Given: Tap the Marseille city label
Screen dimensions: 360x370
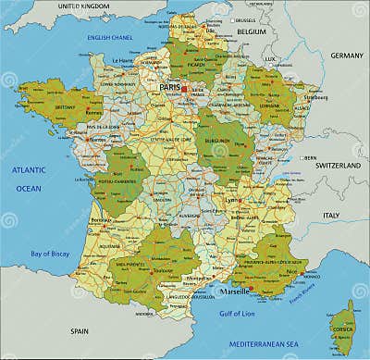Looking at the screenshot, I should pyautogui.click(x=233, y=291).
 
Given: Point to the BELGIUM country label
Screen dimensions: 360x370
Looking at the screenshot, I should pyautogui.click(x=250, y=31).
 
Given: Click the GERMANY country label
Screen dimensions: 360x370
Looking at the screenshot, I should pyautogui.click(x=347, y=55).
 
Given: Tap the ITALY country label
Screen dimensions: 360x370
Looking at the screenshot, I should pyautogui.click(x=330, y=214).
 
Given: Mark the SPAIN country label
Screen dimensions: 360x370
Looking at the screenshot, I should pyautogui.click(x=81, y=330).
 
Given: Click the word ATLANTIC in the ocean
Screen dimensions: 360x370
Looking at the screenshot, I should pyautogui.click(x=29, y=171).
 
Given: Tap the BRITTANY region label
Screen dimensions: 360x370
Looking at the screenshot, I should pyautogui.click(x=65, y=106).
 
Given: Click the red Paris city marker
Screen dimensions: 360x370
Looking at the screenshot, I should pyautogui.click(x=184, y=89).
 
